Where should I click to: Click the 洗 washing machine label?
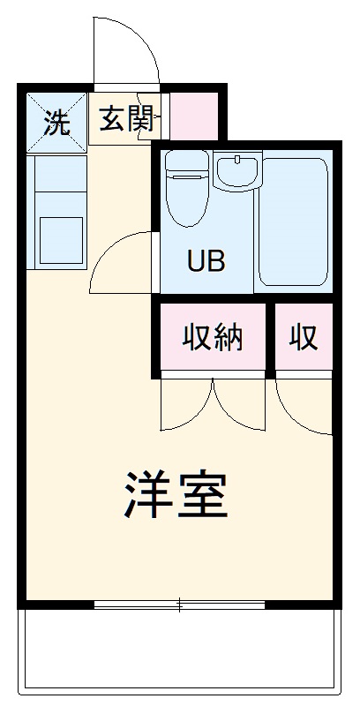point(56,122)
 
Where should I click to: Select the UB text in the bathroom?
point(206,261)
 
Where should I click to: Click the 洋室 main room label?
point(176,495)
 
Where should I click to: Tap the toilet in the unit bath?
point(187,188)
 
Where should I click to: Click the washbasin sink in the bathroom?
point(237,171)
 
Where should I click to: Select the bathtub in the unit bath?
point(294,222)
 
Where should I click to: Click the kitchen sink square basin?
point(61,240)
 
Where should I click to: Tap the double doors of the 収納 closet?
point(213,404)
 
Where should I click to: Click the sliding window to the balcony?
point(179,605)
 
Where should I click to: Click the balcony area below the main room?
point(179,651)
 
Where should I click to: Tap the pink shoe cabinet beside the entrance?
point(193,116)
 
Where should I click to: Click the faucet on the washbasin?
point(237,159)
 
